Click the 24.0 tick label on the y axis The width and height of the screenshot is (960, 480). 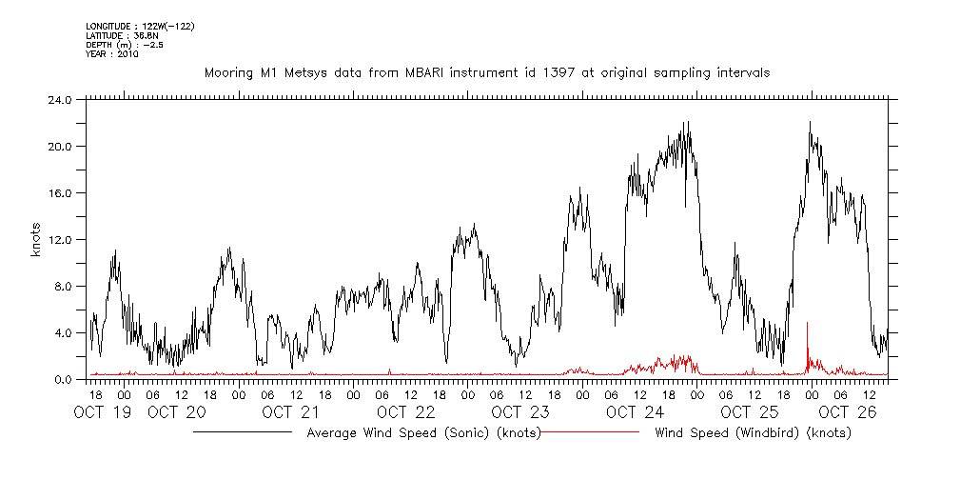click(59, 99)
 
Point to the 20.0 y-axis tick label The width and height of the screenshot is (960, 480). click(59, 146)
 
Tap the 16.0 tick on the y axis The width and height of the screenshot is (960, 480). click(59, 192)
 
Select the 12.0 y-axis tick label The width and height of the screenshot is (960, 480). click(59, 239)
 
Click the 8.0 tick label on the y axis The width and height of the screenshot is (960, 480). click(63, 286)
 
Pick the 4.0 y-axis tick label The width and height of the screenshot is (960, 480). click(63, 332)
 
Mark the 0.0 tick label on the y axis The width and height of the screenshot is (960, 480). click(63, 379)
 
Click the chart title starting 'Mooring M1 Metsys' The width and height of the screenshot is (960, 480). click(487, 72)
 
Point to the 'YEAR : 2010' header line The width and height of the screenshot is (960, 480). click(112, 54)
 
